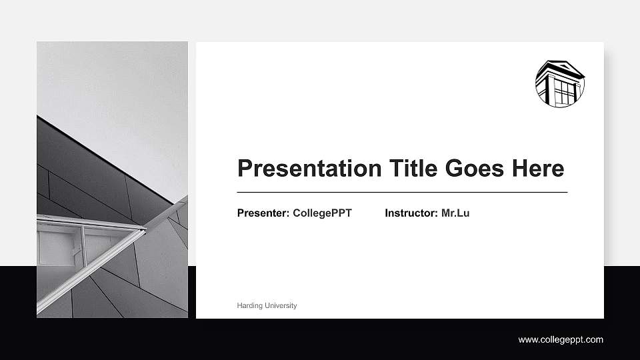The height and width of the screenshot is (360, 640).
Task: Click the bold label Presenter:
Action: point(263,213)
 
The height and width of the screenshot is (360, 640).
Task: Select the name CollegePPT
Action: point(322,213)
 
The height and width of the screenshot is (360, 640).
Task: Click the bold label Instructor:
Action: point(411,213)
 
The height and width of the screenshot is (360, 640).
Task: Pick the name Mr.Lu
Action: point(455,213)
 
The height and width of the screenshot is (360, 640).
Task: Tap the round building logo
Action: point(560,83)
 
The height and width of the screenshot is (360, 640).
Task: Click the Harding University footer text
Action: point(267,305)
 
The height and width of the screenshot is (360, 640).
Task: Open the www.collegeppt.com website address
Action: point(561,340)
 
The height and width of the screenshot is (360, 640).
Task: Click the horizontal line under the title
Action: point(402,192)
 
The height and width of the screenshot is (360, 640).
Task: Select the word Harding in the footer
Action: point(249,305)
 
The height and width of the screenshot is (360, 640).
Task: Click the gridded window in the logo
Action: point(564,91)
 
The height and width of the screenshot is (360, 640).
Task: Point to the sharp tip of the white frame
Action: point(145,229)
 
